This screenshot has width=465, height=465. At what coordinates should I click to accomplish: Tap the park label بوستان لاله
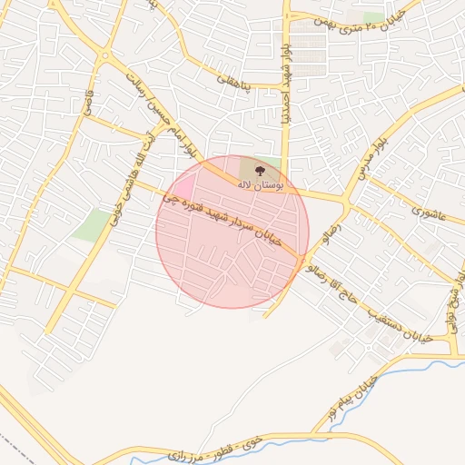tap(261, 183)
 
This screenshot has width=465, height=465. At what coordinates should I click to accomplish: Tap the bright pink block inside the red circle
tap(182, 187)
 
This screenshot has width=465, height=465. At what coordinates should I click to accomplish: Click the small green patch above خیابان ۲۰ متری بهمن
tap(373, 17)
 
